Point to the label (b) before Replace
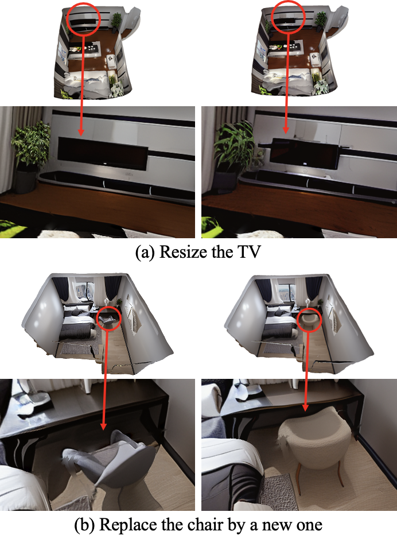pos(84,525)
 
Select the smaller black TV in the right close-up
pos(304,153)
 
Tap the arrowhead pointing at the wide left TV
pos(81,132)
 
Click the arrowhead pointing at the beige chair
pos(305,408)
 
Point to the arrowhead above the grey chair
pos(103,426)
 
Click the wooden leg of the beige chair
pos(298,478)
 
